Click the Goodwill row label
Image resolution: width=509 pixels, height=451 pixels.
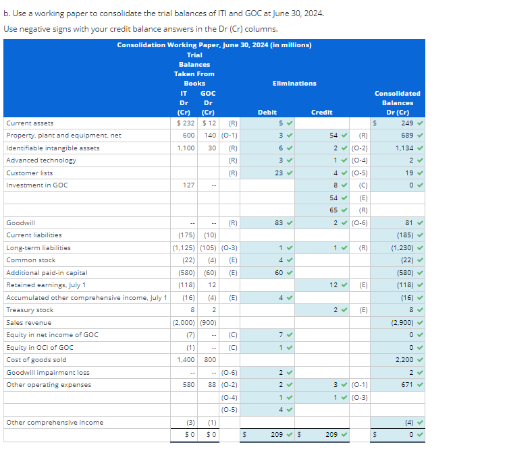[x=21, y=222]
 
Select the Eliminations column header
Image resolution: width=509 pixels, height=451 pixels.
[x=294, y=83]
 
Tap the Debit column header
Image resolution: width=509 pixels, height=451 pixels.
[x=267, y=113]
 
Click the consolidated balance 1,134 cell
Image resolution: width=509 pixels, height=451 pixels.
[x=405, y=148]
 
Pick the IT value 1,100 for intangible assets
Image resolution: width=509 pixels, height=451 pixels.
[x=186, y=148]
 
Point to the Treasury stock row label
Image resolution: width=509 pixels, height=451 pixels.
[x=30, y=310]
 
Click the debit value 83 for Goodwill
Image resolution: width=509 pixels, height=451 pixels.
[x=279, y=222]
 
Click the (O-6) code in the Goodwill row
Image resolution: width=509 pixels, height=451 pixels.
[x=360, y=222]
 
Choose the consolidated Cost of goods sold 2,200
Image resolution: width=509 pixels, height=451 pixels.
[x=405, y=360]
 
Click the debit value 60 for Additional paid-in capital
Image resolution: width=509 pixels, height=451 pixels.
[x=279, y=273]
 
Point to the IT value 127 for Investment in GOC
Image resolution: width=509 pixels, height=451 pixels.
[x=188, y=185]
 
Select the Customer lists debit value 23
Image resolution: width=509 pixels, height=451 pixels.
[x=279, y=173]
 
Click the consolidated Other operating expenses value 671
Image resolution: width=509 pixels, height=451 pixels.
[x=407, y=385]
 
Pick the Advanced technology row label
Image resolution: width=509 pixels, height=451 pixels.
[x=41, y=160]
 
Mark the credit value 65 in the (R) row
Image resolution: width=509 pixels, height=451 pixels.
[x=333, y=210]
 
